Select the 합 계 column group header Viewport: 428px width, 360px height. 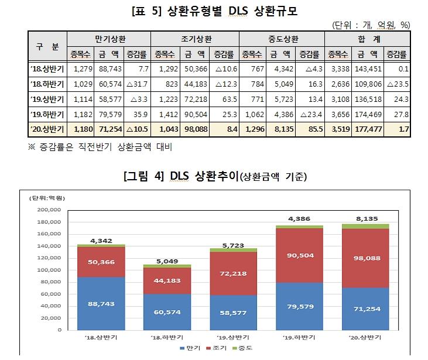click(368, 39)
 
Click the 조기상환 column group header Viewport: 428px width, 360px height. click(194, 39)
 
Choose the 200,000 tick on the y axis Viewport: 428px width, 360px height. click(49, 210)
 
